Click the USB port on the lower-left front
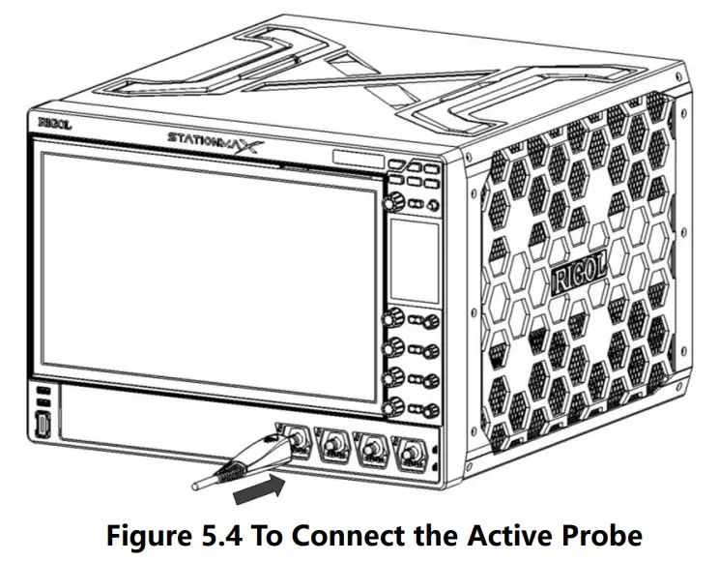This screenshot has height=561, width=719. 44,426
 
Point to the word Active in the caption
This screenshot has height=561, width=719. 500,535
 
